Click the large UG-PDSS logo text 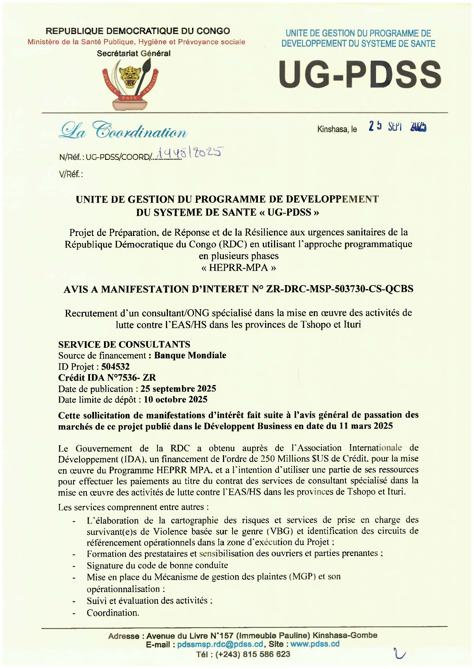point(360,74)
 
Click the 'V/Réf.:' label point(71,174)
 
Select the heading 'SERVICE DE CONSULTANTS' point(124,344)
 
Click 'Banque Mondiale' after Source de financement point(190,356)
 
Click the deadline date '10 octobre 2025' point(175,399)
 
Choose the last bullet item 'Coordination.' point(113,613)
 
